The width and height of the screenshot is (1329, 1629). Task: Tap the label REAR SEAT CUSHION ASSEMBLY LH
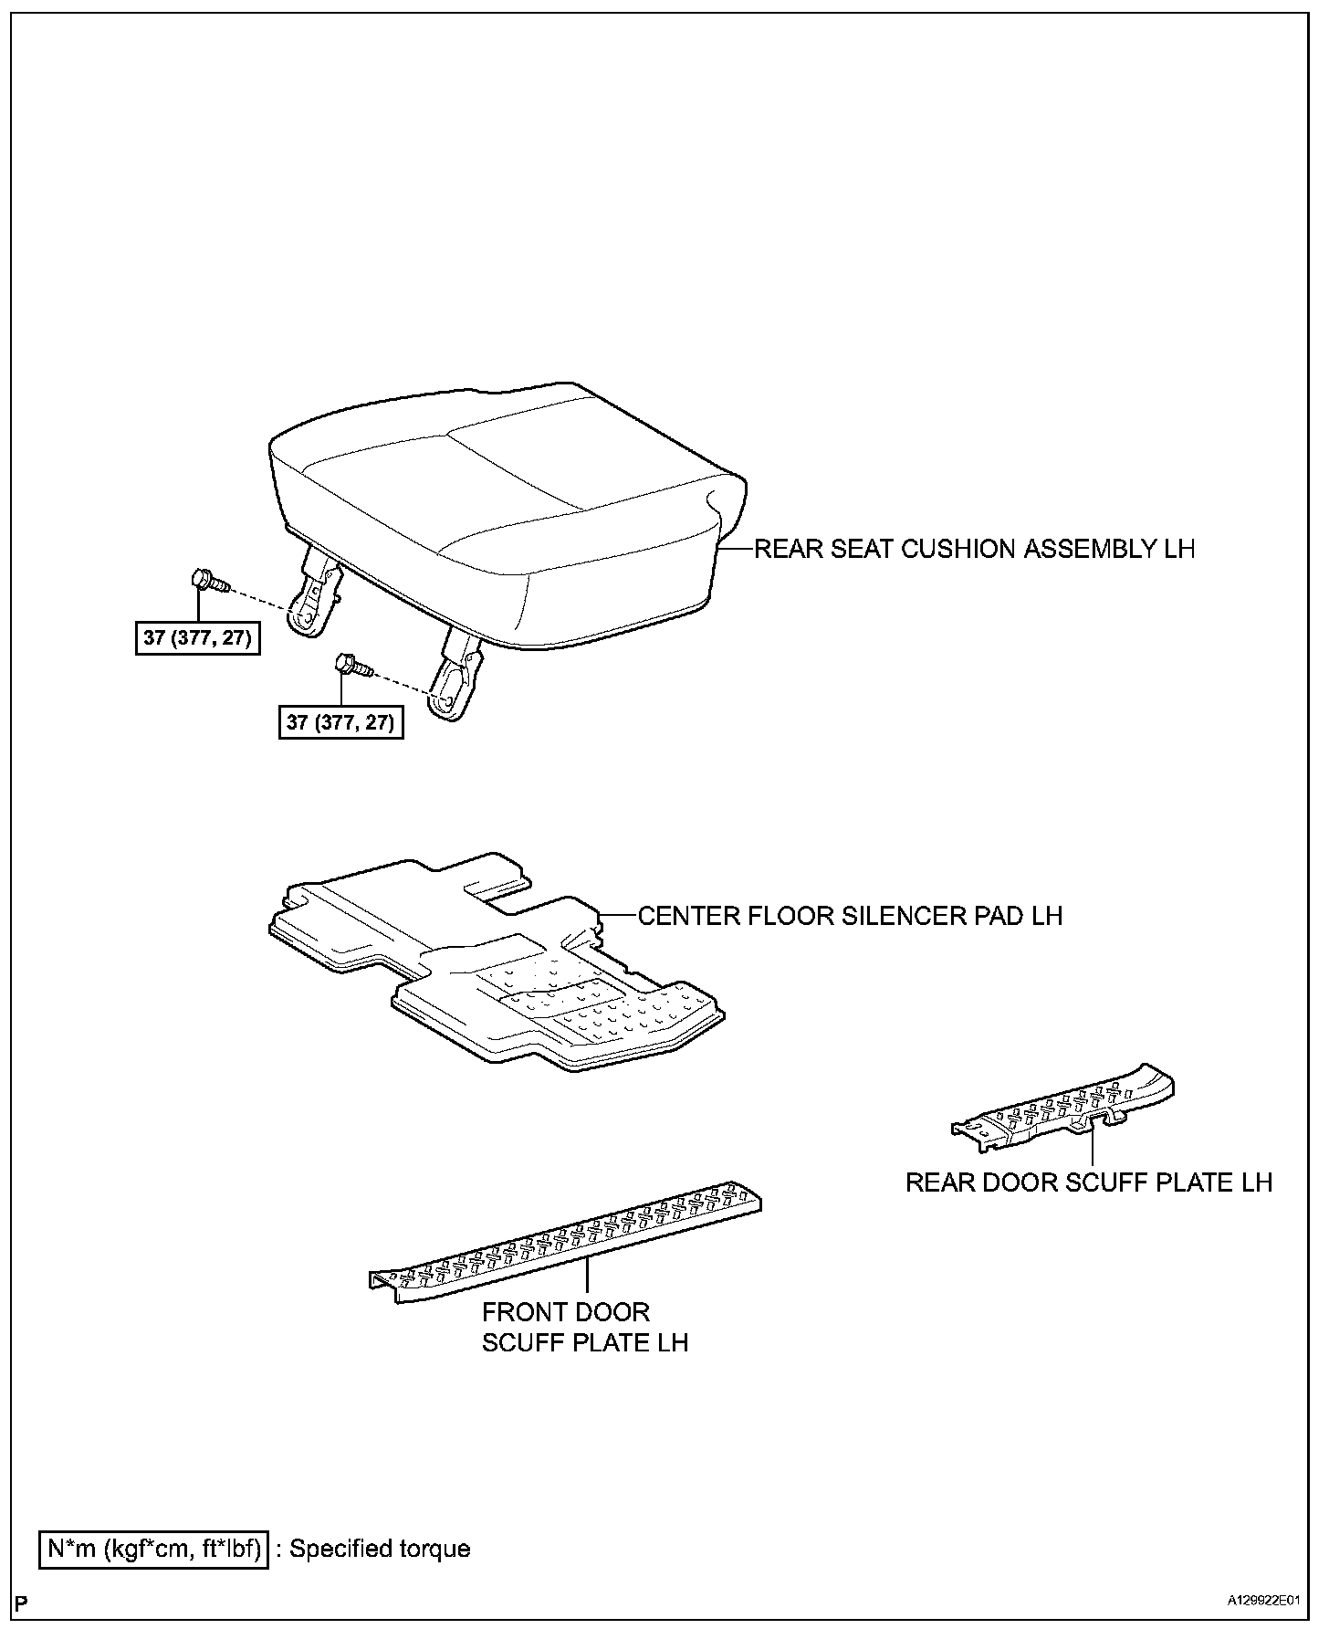(x=974, y=549)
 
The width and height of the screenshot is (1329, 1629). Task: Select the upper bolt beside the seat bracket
(x=208, y=581)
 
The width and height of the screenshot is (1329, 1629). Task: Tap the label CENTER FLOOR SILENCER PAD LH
(x=850, y=916)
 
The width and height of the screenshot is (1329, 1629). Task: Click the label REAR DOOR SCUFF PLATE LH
(x=1088, y=1182)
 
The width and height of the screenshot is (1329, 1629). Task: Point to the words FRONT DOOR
(x=565, y=1313)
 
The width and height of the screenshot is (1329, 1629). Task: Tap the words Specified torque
(x=380, y=1549)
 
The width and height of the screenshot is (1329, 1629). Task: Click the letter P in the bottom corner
(x=22, y=1602)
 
